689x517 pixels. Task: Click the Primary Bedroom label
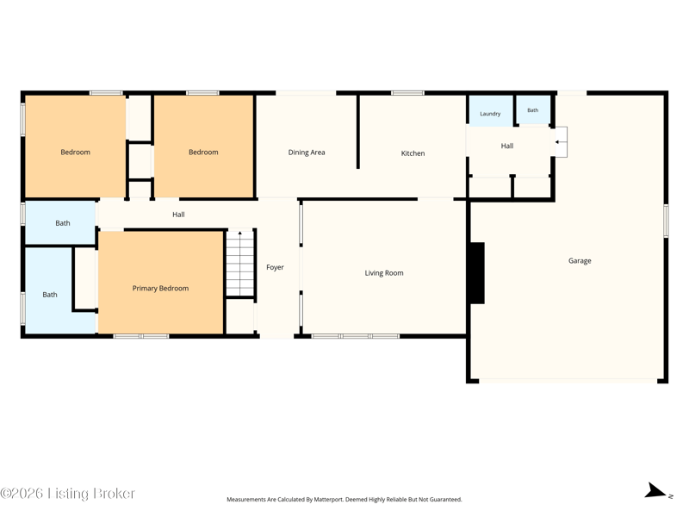tap(160, 289)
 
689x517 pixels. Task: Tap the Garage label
tap(580, 261)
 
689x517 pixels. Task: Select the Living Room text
tap(384, 273)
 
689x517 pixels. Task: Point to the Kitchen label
tap(413, 153)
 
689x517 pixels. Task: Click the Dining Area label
tap(307, 153)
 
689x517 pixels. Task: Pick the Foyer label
tap(275, 267)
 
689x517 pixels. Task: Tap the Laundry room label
tap(490, 114)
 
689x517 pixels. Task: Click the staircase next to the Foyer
tap(240, 263)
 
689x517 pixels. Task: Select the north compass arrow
tap(656, 490)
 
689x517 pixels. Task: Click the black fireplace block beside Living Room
tap(478, 273)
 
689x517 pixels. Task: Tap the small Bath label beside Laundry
tap(532, 110)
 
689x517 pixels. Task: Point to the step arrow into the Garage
tap(559, 142)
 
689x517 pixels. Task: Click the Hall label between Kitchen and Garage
tap(507, 146)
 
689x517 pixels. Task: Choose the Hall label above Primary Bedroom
tap(178, 215)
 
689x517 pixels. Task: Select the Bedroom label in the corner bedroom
tap(75, 153)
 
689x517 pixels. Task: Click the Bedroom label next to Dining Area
tap(203, 153)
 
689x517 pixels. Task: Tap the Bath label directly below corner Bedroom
tap(62, 223)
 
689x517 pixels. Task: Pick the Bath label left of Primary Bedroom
tap(50, 295)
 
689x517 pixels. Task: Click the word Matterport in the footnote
tap(328, 500)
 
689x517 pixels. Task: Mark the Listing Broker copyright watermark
tap(67, 494)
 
